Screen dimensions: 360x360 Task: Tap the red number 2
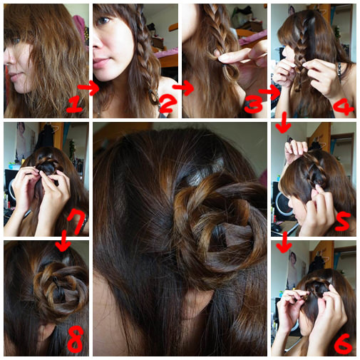168,103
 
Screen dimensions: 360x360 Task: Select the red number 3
253,104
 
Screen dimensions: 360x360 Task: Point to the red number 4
344,106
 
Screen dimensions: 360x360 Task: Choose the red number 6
342,344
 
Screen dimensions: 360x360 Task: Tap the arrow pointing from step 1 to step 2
88,88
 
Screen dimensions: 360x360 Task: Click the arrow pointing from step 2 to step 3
183,88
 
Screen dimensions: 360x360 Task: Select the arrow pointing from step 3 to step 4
269,92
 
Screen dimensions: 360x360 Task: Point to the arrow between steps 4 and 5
284,123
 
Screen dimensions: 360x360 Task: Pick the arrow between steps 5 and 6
284,241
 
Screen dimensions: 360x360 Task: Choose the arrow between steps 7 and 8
63,240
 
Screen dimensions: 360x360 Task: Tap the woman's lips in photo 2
101,63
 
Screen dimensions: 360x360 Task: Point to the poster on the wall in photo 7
23,140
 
